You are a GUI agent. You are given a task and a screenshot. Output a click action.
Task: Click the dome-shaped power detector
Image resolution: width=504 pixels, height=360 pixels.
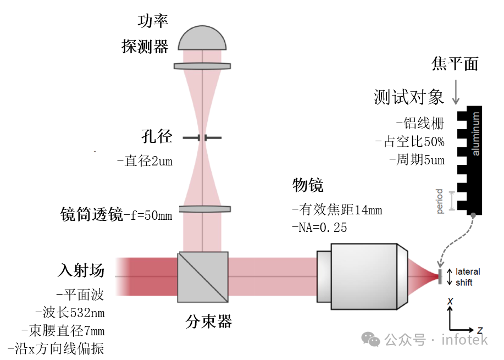coord(202,39)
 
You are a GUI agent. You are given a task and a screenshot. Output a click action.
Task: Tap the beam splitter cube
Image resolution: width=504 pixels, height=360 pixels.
coord(203,277)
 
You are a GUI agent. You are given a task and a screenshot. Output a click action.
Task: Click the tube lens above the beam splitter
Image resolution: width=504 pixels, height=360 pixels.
coord(203,209)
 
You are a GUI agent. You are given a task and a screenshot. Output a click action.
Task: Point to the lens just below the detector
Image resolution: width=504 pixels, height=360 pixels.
coord(202,66)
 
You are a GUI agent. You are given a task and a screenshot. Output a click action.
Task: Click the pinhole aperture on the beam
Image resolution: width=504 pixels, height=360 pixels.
coord(202,137)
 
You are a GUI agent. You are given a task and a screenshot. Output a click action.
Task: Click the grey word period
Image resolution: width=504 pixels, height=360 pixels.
coord(440,202)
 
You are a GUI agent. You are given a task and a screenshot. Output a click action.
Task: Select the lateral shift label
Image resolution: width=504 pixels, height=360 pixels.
coord(467,277)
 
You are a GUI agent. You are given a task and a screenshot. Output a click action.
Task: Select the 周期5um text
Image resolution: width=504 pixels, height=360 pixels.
coord(417,160)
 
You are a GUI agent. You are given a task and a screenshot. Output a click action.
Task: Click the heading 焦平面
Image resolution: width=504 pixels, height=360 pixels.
coord(455,64)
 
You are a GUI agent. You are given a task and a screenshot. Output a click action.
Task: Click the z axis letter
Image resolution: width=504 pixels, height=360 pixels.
coord(480,330)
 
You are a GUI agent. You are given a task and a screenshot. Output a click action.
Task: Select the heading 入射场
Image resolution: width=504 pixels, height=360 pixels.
coord(81,270)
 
